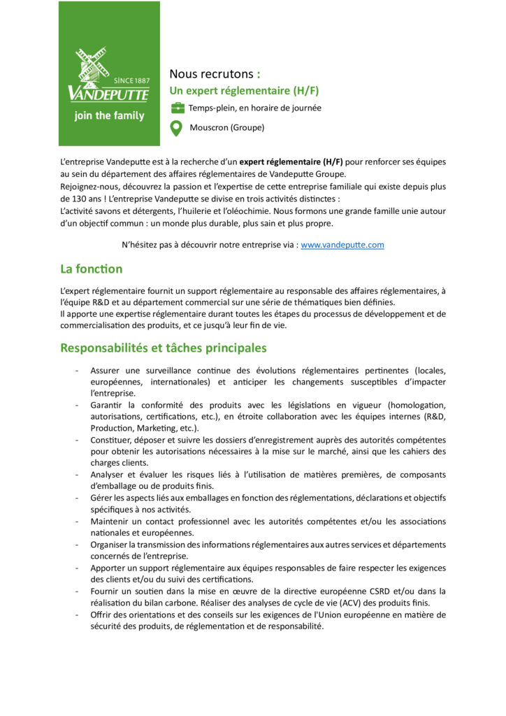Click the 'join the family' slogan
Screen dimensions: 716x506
coord(109,115)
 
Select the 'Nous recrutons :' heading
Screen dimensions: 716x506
coord(215,74)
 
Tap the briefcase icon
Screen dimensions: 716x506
coord(178,108)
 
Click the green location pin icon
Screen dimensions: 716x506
coord(177,128)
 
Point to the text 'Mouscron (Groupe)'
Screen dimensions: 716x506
coord(226,128)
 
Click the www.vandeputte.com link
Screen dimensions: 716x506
coord(342,245)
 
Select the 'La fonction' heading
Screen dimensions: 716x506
coord(91,269)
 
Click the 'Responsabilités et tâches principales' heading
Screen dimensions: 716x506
coord(163,348)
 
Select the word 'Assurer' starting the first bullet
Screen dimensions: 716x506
coord(106,371)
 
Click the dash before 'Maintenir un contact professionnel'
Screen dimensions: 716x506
coord(76,522)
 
